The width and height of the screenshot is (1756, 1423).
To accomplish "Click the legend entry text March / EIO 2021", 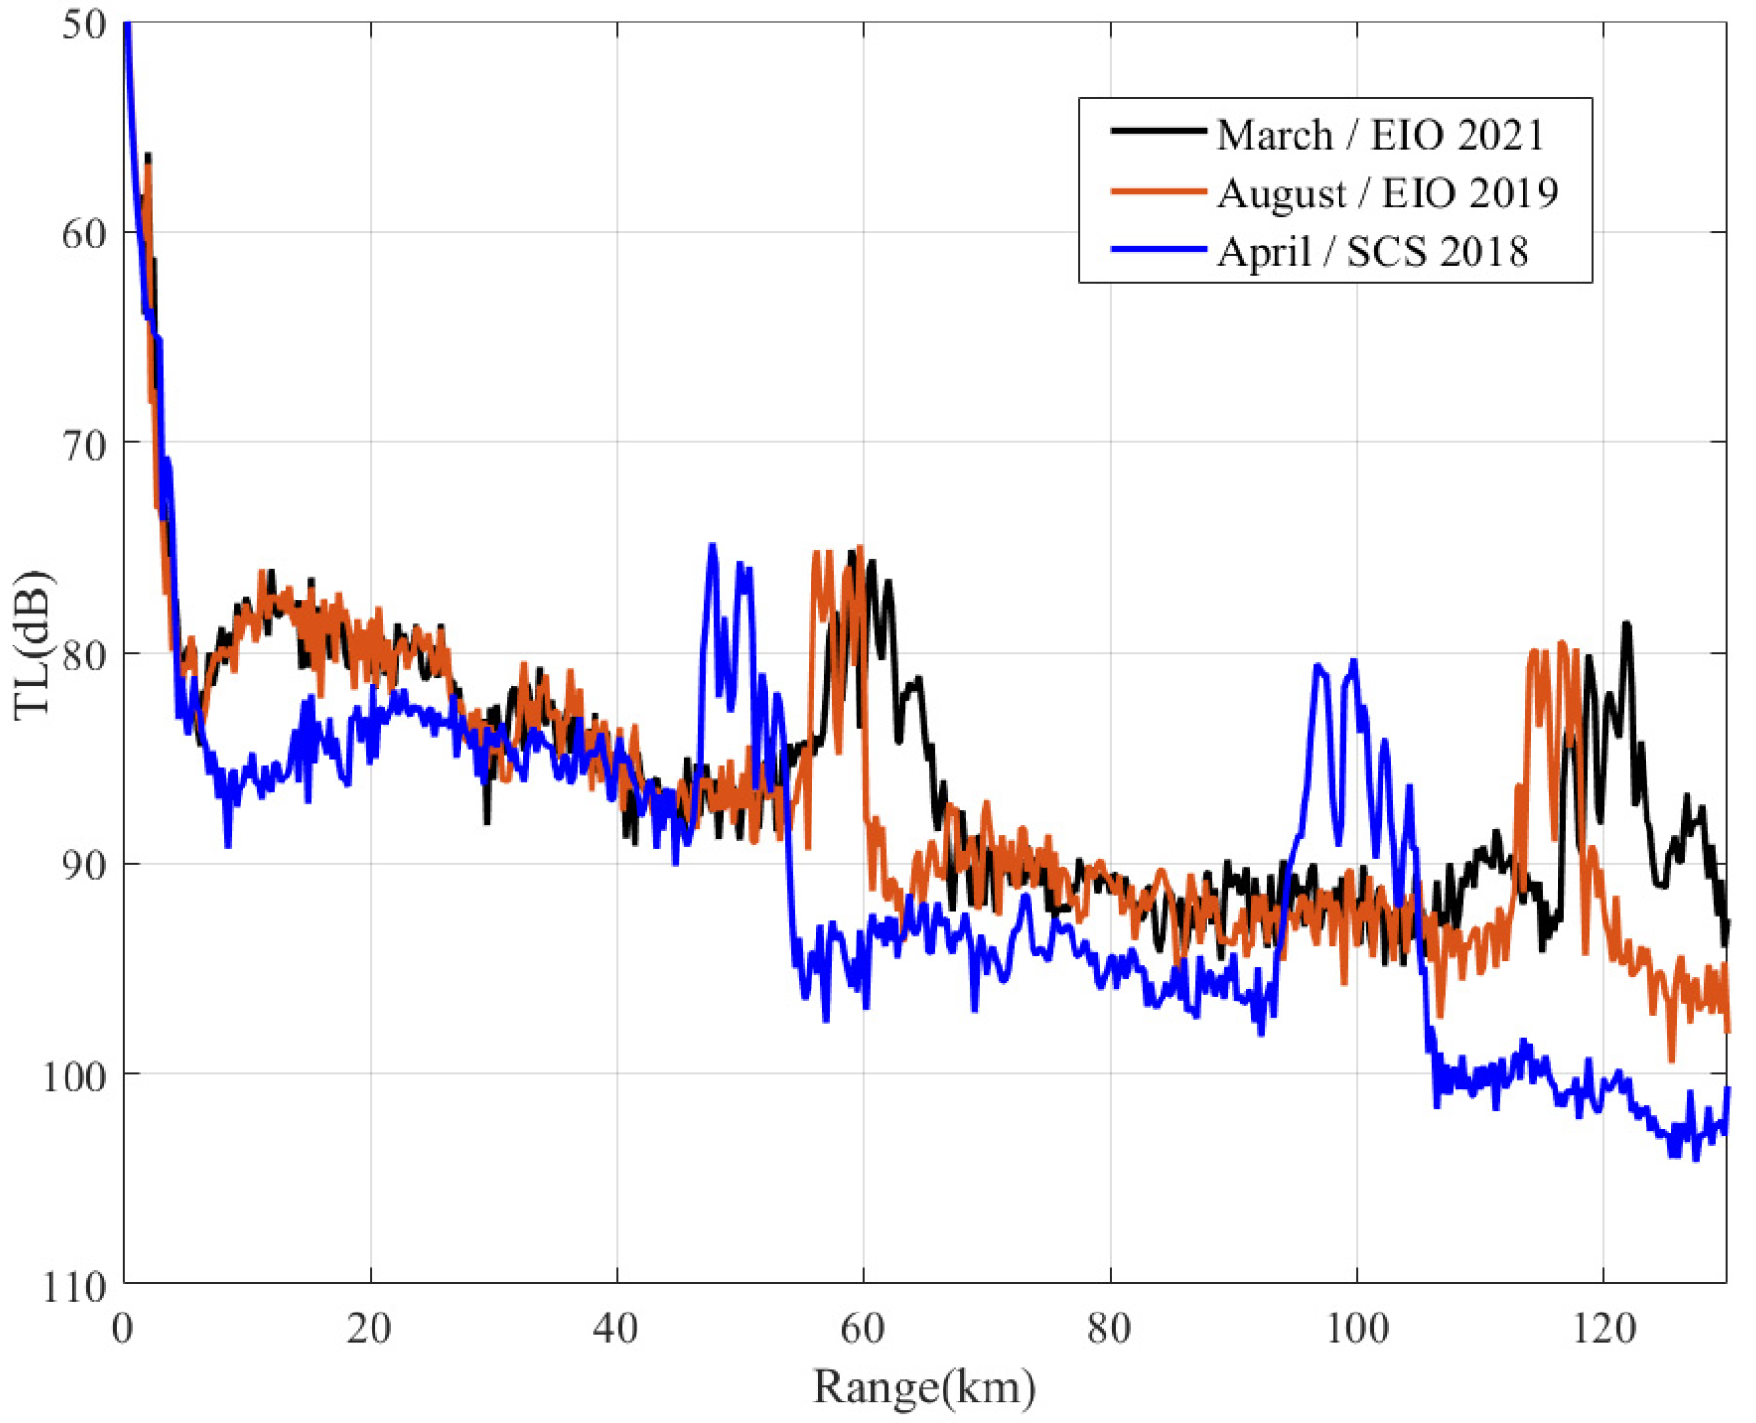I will (1380, 135).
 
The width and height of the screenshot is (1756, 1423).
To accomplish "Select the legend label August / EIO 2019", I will (1386, 193).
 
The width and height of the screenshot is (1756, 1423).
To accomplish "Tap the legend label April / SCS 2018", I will (1372, 251).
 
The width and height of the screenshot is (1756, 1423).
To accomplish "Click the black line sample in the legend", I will (1158, 131).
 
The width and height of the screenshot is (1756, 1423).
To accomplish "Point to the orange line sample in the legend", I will (1158, 191).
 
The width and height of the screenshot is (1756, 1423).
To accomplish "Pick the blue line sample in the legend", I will (1158, 249).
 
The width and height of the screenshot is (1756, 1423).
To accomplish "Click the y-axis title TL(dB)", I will (31, 645).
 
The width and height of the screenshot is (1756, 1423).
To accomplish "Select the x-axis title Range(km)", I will (924, 1387).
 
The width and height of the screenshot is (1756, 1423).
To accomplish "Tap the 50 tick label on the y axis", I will (83, 23).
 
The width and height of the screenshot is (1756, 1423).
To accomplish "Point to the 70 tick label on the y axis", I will (83, 444).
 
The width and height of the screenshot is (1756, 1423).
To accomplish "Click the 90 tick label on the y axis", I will (83, 865).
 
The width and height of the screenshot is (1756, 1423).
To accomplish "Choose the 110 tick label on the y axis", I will (74, 1285).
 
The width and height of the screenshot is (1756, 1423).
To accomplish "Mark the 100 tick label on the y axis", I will (74, 1075).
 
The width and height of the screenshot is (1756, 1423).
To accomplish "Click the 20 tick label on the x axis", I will (370, 1328).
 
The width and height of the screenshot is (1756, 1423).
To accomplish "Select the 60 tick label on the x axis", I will (862, 1328).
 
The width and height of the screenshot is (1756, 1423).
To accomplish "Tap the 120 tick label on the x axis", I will (1603, 1328).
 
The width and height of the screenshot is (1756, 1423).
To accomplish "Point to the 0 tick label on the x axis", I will (123, 1328).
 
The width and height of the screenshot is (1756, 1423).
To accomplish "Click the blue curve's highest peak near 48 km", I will (712, 545).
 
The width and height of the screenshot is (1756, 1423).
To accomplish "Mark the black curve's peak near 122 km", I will (1627, 623).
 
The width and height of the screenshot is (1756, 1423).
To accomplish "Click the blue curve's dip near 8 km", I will (228, 845).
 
